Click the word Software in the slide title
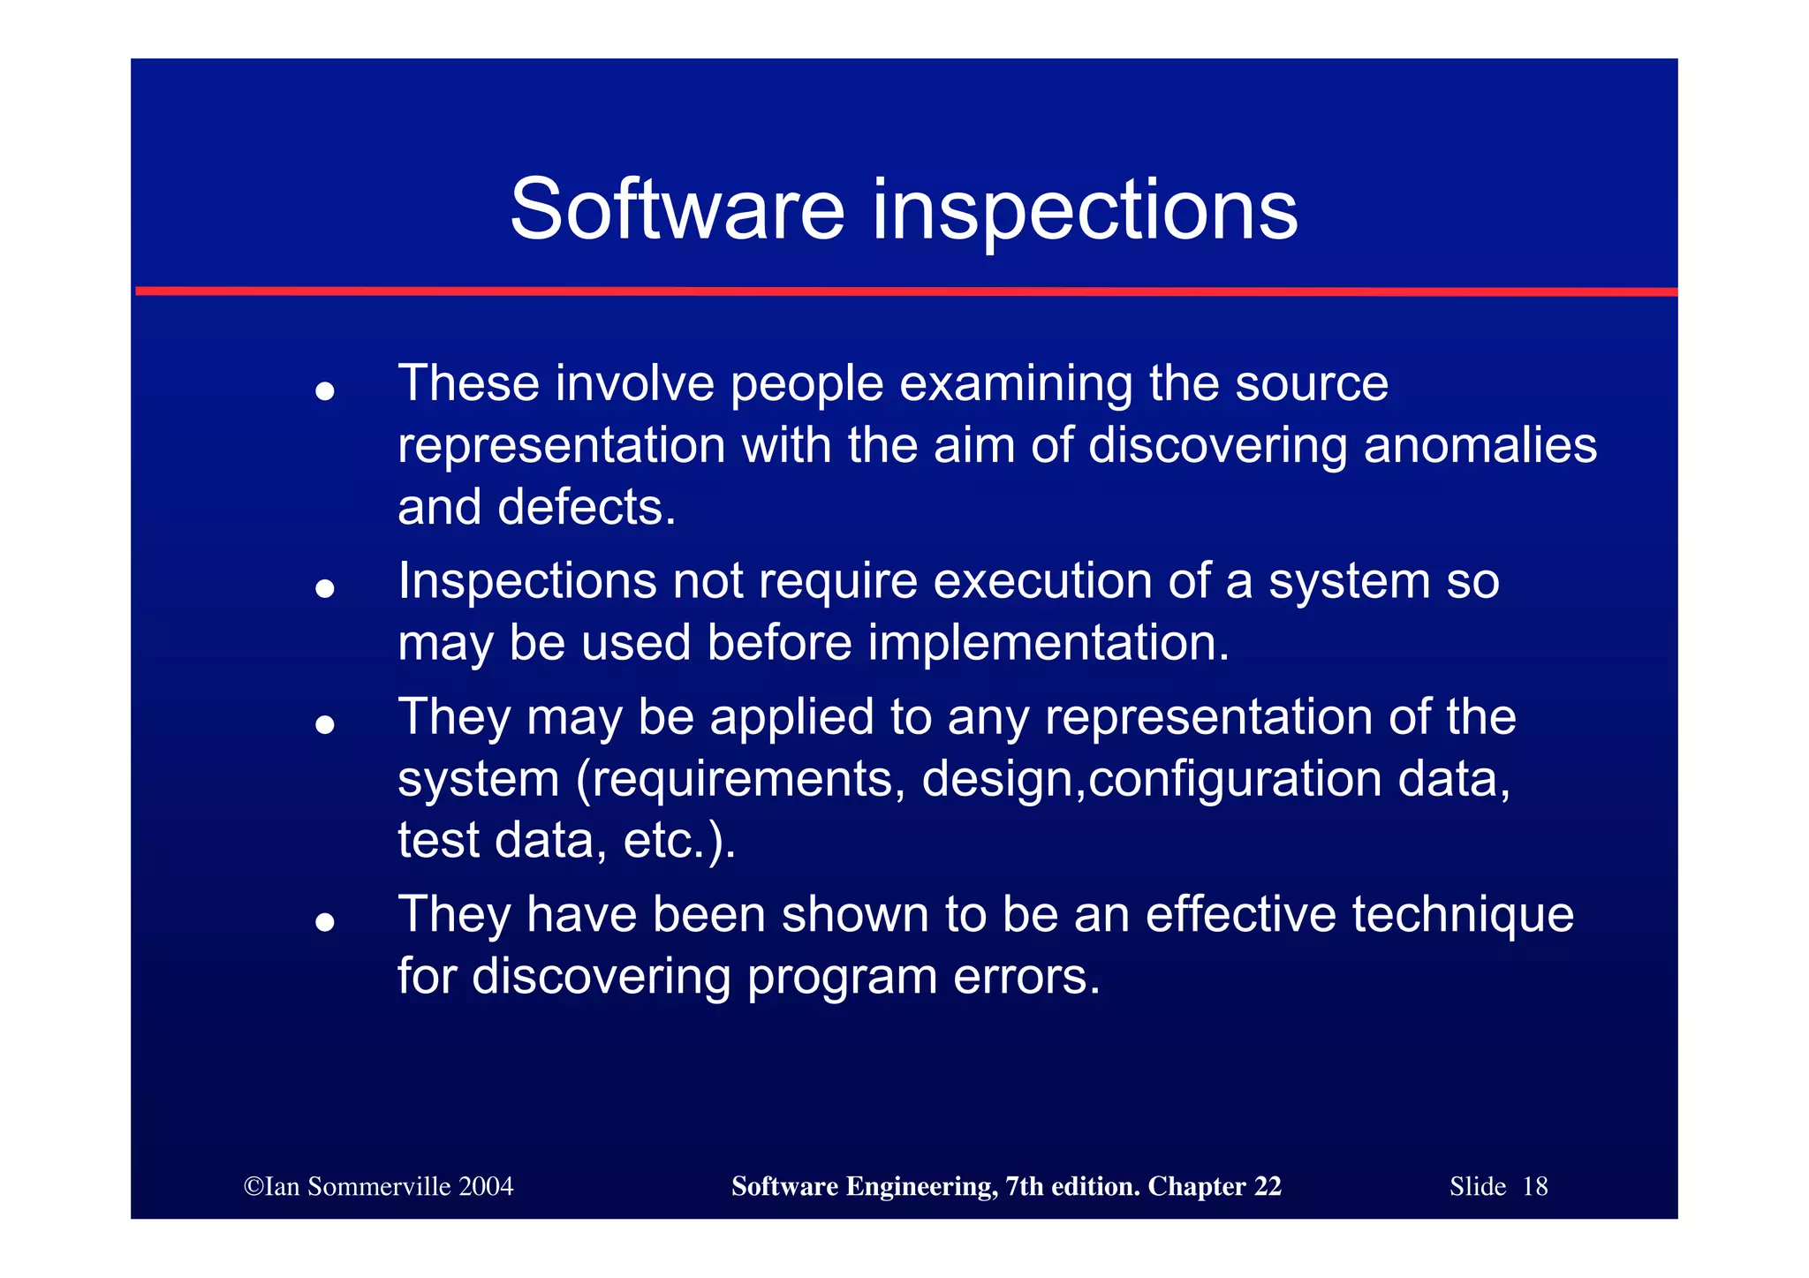[x=677, y=209]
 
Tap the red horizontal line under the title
[x=904, y=291]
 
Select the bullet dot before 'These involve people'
[x=325, y=390]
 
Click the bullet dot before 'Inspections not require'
[x=325, y=588]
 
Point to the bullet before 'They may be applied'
[x=325, y=724]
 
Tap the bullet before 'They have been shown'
[x=325, y=921]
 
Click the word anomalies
[x=1480, y=445]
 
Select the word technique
[x=1463, y=914]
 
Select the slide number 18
[x=1535, y=1186]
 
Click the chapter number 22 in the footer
[x=1267, y=1186]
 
